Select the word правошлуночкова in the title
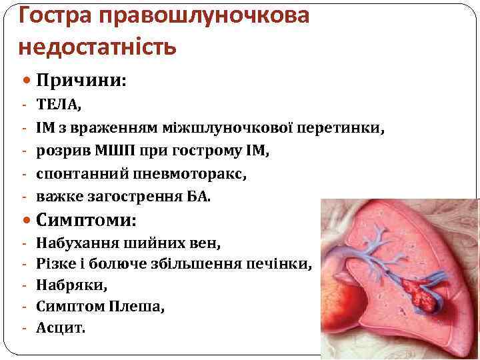[203, 15]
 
